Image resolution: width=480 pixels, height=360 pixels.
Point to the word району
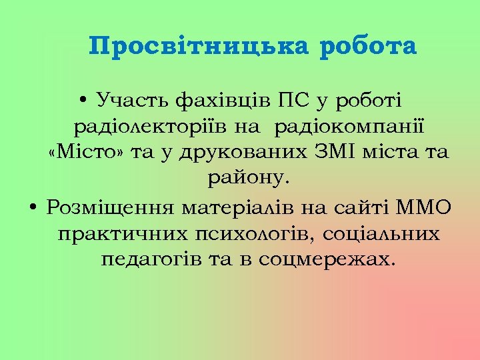(249, 178)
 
